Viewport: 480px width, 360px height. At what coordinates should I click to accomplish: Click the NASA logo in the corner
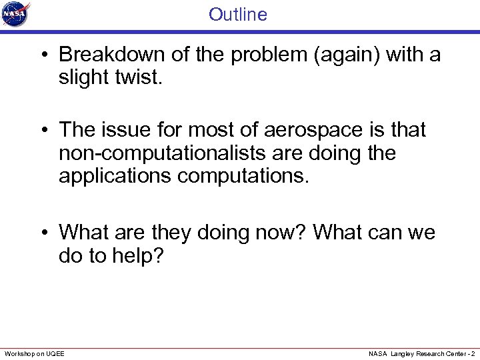coord(16,14)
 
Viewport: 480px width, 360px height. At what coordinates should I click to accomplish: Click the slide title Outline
coord(237,14)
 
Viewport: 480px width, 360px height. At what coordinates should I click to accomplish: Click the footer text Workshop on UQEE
coord(35,353)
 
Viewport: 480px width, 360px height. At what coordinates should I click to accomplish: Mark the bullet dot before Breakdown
coord(44,55)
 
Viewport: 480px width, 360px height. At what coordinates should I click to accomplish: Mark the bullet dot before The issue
coord(44,131)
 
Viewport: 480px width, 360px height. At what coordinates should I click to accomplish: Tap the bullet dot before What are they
coord(44,233)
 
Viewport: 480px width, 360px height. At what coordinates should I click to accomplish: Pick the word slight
coord(83,78)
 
